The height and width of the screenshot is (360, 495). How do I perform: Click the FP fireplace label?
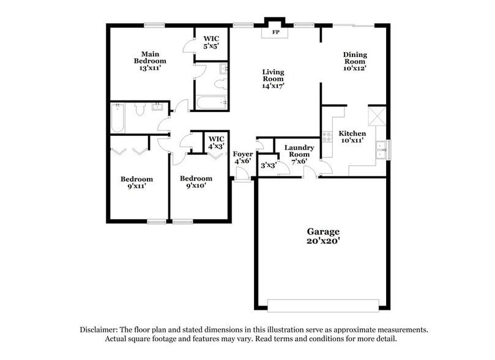275,32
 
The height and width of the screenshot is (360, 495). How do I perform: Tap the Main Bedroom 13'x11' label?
151,61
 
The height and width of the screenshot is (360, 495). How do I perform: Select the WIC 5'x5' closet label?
211,42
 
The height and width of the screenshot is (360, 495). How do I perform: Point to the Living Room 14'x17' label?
273,79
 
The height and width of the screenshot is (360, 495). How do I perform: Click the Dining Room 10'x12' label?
354,62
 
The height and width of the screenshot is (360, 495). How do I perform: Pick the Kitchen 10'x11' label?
352,137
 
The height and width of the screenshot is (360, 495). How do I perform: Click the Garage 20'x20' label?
322,236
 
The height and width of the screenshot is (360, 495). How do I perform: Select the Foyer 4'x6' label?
243,157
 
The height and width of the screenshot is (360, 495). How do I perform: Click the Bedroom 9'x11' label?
136,182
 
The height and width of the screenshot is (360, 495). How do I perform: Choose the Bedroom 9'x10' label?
195,182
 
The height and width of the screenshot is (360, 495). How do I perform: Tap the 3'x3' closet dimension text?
267,165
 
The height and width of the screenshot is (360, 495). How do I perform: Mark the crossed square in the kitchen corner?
376,114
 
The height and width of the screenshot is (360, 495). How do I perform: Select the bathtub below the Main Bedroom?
117,118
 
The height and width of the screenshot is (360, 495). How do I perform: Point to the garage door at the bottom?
322,305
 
